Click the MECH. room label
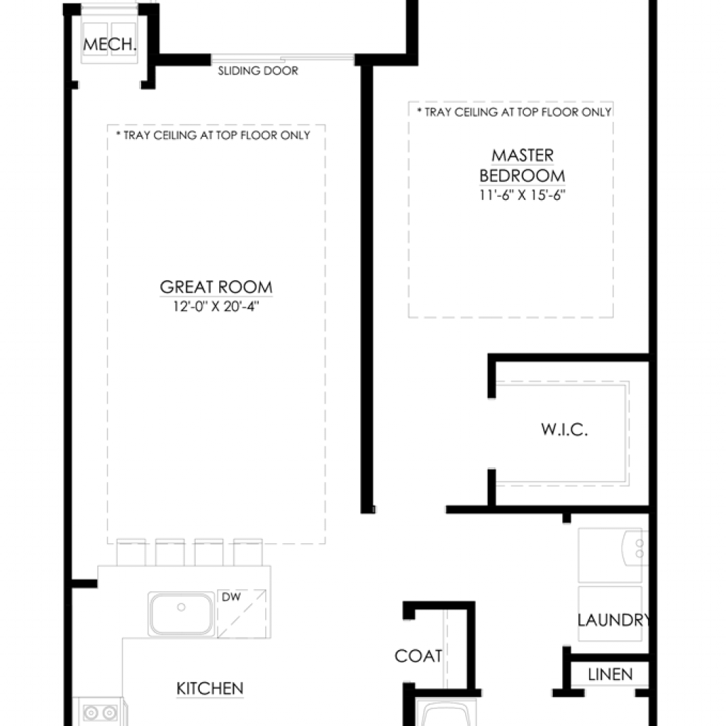110,45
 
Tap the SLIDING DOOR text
258,71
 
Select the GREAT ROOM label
216,287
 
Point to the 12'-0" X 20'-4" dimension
216,306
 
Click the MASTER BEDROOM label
523,165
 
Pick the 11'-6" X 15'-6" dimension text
523,195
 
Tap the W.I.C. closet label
564,430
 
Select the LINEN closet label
610,675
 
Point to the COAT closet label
418,656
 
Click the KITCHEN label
210,688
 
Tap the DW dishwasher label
231,597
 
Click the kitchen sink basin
181,614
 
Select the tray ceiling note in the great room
213,135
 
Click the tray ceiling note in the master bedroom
514,112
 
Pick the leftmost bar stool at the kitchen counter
131,552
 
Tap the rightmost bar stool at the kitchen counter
248,552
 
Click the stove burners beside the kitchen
100,712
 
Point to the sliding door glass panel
283,59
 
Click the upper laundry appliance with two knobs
613,554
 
